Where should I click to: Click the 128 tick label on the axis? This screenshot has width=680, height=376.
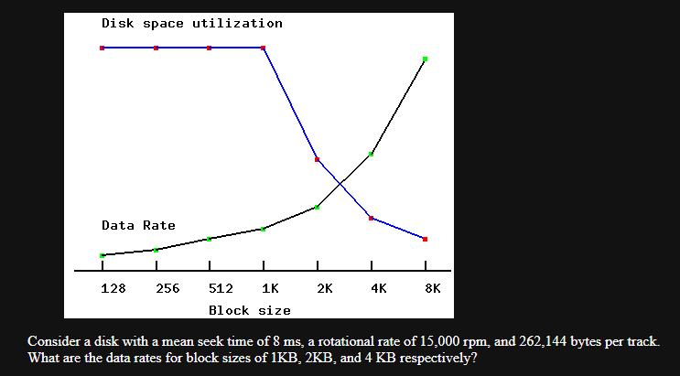point(113,288)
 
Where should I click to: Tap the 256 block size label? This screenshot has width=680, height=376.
point(167,288)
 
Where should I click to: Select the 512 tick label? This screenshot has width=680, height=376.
point(221,288)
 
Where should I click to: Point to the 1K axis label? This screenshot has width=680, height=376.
point(271,288)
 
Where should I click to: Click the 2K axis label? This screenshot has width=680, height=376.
point(325,288)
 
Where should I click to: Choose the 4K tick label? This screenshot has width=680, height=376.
point(379,288)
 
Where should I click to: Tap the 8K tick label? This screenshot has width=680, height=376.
point(433,288)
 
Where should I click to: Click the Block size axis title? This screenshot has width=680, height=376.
point(250,311)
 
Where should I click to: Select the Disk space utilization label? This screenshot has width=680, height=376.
point(192,23)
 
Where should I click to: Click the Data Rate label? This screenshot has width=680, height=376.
point(138,225)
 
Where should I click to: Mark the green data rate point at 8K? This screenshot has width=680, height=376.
point(425,59)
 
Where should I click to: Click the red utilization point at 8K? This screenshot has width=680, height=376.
point(425,239)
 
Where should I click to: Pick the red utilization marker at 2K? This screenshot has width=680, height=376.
point(317,159)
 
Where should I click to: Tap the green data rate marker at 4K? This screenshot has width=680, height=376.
point(371,154)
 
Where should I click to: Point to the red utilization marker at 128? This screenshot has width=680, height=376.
point(102,48)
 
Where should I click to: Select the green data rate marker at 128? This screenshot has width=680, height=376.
point(102,255)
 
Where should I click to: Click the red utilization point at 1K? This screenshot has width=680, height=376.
point(264,48)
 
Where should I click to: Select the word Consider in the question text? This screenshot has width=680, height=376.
point(54,341)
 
